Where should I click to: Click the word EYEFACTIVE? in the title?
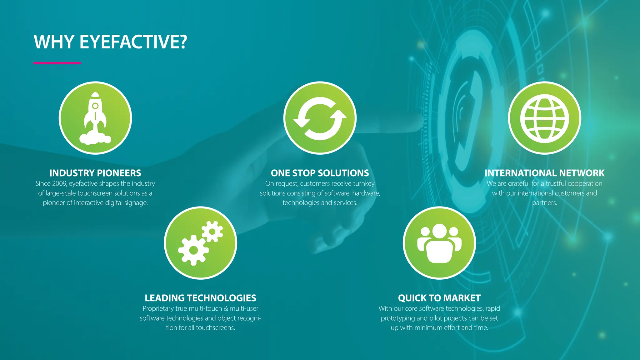pyautogui.click(x=133, y=42)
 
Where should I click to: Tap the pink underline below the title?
pyautogui.click(x=57, y=63)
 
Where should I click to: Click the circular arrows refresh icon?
pyautogui.click(x=320, y=118)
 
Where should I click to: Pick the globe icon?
pyautogui.click(x=544, y=118)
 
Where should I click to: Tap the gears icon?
pyautogui.click(x=200, y=243)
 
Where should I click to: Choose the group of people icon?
pyautogui.click(x=439, y=243)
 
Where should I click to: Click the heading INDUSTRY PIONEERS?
pyautogui.click(x=95, y=173)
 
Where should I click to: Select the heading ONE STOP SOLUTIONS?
pyautogui.click(x=320, y=173)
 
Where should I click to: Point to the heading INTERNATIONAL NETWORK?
pyautogui.click(x=544, y=173)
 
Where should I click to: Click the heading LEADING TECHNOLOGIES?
pyautogui.click(x=200, y=298)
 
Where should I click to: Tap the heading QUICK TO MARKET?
pyautogui.click(x=439, y=298)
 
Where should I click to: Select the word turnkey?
pyautogui.click(x=364, y=183)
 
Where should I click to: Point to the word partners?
pyautogui.click(x=544, y=203)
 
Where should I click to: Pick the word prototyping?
pyautogui.click(x=397, y=318)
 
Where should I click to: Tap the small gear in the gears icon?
pyautogui.click(x=212, y=232)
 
